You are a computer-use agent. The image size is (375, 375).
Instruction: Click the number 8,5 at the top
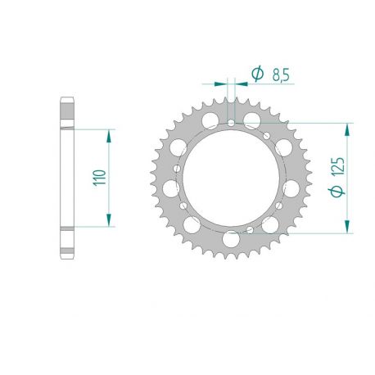(x=279, y=75)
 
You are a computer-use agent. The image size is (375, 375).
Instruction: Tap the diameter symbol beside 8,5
(x=256, y=75)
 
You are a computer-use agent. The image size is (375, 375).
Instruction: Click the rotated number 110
(x=99, y=178)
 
